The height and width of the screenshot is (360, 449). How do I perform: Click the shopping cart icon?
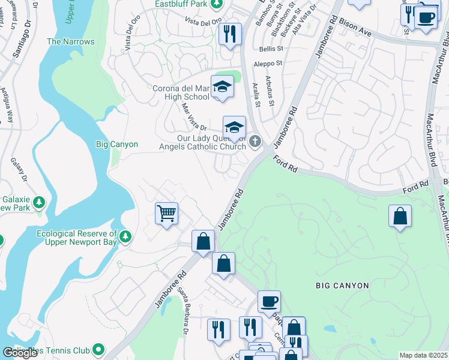coord(166,213)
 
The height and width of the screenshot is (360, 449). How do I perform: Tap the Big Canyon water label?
coord(117,145)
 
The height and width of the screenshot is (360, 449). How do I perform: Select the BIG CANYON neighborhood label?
coord(342,286)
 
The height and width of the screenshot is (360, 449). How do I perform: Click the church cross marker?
coord(255,142)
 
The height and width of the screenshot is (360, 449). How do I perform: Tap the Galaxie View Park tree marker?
coord(39,202)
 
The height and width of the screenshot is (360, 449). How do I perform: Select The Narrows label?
coord(71,42)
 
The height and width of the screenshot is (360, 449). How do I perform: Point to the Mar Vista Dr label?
coord(194,117)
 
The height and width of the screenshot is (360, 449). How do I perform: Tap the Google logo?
coord(20,353)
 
